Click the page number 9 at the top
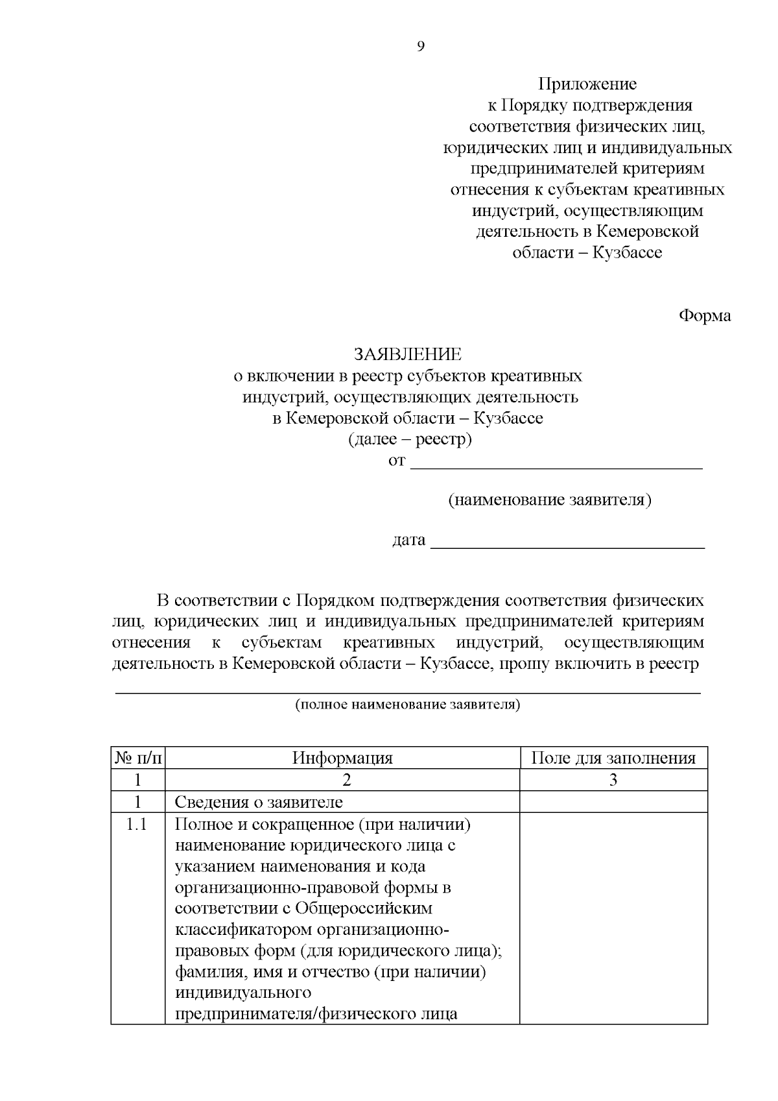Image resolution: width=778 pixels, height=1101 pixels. pos(421,46)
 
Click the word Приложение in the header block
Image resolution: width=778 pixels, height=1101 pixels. pos(587,84)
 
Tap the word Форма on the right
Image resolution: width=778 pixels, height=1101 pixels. pos(705,316)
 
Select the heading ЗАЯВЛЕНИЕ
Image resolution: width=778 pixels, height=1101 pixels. pos(407,354)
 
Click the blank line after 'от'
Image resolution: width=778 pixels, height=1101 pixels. pos(557,463)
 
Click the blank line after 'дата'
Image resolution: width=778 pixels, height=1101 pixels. pos(567,542)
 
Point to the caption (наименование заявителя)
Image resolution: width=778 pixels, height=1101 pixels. pos(550,500)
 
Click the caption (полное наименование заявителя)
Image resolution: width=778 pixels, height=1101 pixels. pos(408,705)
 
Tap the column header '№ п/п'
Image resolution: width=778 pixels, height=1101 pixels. pos(138,758)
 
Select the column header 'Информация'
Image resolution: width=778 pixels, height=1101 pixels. pos(342,758)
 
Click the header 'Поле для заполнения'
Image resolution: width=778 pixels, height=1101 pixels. pos(613,758)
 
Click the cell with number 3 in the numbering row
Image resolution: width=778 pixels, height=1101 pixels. pos(613,780)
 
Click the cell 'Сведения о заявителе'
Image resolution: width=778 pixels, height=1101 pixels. pos(259,802)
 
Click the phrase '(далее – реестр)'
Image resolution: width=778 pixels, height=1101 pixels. pos(410,440)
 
